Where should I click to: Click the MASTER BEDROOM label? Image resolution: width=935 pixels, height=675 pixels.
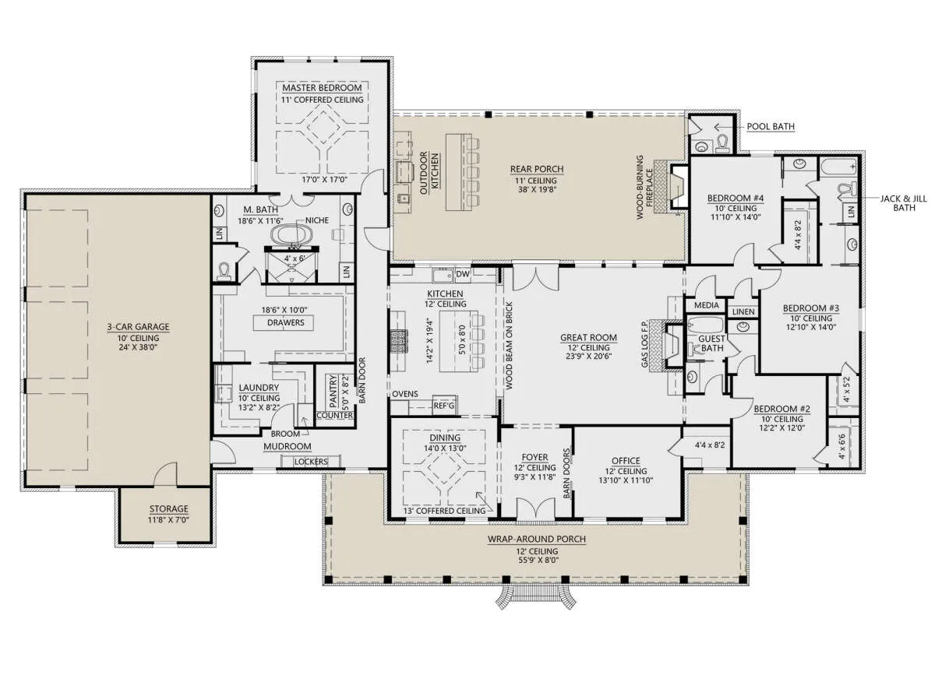pyautogui.click(x=322, y=88)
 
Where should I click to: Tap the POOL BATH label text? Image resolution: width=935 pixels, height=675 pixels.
pyautogui.click(x=771, y=126)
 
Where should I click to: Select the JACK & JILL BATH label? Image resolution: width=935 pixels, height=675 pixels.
pyautogui.click(x=904, y=203)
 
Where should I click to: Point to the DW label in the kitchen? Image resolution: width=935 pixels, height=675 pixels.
pyautogui.click(x=463, y=274)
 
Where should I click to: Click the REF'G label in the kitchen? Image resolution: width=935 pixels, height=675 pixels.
pyautogui.click(x=444, y=406)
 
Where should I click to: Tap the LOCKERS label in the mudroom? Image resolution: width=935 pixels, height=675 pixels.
pyautogui.click(x=311, y=462)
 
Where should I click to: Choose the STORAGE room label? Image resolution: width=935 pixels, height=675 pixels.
pyautogui.click(x=168, y=509)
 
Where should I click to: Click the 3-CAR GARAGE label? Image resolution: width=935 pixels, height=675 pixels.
pyautogui.click(x=138, y=327)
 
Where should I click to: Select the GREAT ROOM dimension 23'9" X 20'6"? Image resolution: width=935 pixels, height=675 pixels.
pyautogui.click(x=588, y=357)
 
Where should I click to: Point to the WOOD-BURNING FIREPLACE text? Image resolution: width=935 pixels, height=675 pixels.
pyautogui.click(x=644, y=188)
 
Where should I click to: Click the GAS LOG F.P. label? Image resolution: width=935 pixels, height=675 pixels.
pyautogui.click(x=645, y=344)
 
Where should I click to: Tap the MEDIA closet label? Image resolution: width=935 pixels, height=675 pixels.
pyautogui.click(x=706, y=305)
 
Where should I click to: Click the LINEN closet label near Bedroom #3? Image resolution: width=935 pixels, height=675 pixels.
pyautogui.click(x=743, y=311)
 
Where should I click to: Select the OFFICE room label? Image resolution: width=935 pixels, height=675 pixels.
pyautogui.click(x=626, y=461)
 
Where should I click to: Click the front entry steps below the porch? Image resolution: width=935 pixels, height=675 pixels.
pyautogui.click(x=535, y=596)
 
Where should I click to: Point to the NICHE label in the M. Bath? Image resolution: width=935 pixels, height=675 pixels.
pyautogui.click(x=317, y=220)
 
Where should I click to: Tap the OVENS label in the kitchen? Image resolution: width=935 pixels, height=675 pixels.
pyautogui.click(x=405, y=394)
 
